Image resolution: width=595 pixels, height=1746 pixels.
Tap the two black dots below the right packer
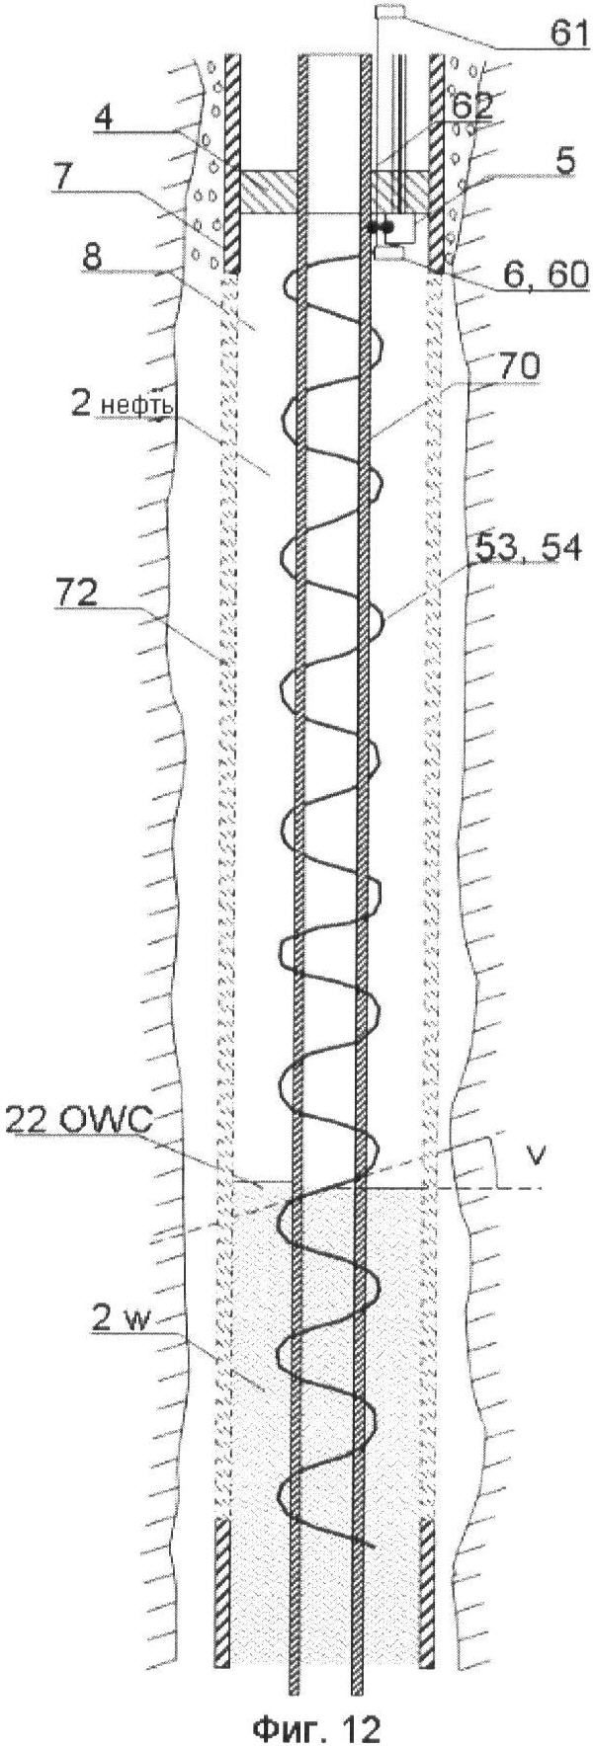click(x=381, y=227)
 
